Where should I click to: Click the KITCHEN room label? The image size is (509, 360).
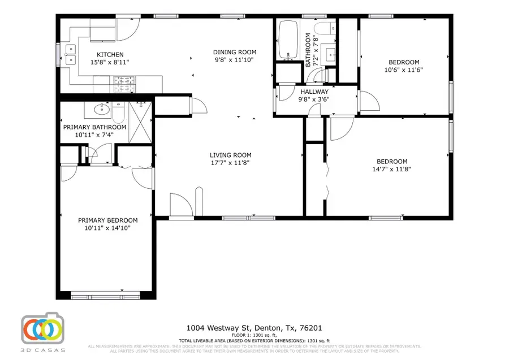pos(110,55)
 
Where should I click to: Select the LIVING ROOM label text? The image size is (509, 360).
pos(230,155)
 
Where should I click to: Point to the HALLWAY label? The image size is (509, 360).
pos(314,92)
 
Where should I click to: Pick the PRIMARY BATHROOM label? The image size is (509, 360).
pos(94,128)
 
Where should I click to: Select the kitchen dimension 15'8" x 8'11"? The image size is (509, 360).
pos(110,62)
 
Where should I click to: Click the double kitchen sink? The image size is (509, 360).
pos(71,54)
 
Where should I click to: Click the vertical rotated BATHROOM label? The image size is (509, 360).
pos(308,51)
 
